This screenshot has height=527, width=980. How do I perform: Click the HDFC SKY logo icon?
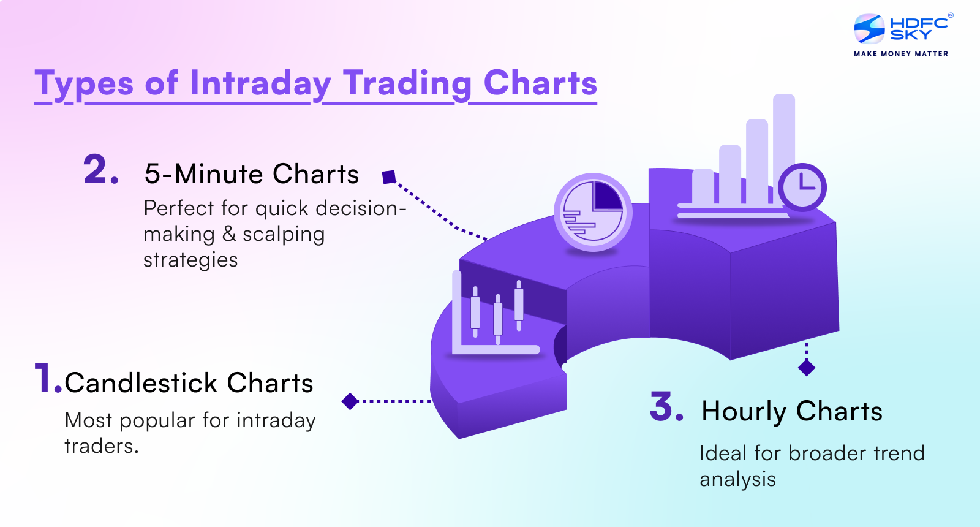point(870,29)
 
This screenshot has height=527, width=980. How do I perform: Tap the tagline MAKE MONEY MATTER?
point(901,54)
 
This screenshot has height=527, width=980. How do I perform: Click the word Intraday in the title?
point(260,83)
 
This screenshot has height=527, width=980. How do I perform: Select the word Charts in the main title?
point(540,83)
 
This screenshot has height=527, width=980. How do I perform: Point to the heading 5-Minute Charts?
point(252,174)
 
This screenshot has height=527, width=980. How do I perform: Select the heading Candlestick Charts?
point(189,383)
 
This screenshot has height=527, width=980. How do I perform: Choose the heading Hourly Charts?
point(792,411)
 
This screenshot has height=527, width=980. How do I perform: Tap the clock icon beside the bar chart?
point(802,187)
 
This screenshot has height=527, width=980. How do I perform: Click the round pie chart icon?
point(592,213)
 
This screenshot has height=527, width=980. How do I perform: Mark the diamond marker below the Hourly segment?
point(807,368)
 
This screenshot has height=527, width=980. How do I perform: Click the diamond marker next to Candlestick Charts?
point(350,401)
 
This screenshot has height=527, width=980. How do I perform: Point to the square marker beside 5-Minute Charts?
point(389,177)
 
